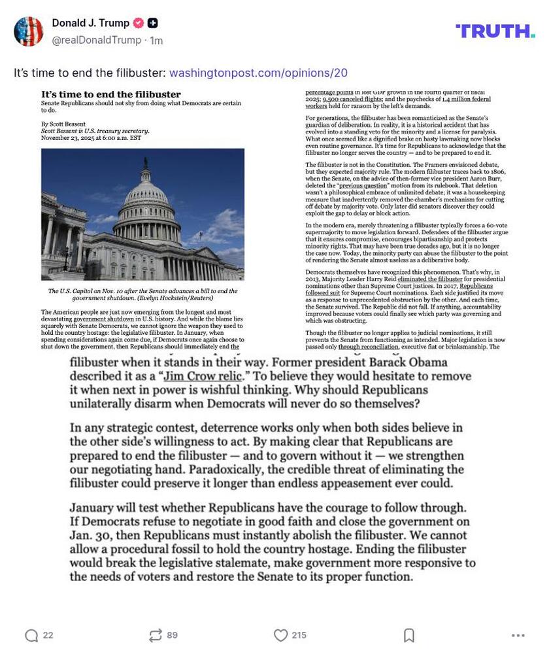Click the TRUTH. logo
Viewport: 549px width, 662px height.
coord(495,31)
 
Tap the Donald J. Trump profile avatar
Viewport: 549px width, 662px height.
coord(29,31)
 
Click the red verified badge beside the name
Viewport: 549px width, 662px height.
coord(139,23)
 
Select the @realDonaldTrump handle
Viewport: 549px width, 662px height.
coord(98,40)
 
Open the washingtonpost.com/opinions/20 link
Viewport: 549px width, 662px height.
coord(258,73)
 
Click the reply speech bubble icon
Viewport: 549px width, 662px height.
coord(31,635)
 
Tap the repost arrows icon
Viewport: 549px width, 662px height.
coord(155,635)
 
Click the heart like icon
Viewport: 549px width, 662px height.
coord(280,635)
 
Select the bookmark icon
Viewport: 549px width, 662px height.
coord(408,635)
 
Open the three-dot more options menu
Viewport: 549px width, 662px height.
coord(518,635)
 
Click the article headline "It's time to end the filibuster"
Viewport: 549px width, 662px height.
coord(111,94)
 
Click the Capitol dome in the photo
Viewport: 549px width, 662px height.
coord(147,196)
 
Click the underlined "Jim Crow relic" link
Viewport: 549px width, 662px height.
coord(203,376)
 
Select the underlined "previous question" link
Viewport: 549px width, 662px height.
coord(363,186)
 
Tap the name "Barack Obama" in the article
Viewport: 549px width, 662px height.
coord(406,362)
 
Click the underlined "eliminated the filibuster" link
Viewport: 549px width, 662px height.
coord(430,279)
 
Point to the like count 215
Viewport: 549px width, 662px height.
coord(299,635)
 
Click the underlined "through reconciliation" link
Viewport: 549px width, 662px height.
coord(368,347)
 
